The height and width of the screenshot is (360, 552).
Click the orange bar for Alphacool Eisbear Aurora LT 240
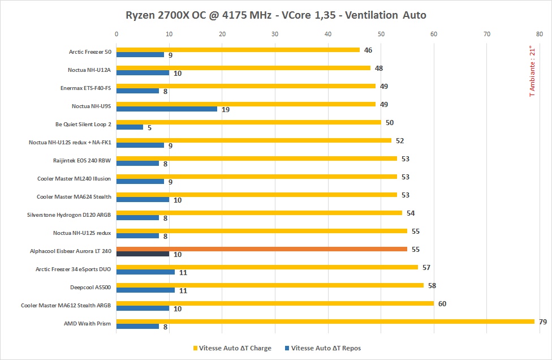tap(261, 249)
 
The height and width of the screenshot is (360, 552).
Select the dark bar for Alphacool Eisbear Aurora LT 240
tap(143, 254)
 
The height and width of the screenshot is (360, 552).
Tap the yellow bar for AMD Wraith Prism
tap(325, 322)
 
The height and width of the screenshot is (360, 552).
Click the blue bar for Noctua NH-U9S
tap(166, 109)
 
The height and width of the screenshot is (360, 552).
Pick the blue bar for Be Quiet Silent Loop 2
tap(130, 127)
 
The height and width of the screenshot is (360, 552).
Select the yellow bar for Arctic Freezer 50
tap(238, 50)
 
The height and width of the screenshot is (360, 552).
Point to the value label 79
tap(542, 322)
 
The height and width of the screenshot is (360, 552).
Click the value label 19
tap(225, 110)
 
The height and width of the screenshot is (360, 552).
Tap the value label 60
tap(442, 304)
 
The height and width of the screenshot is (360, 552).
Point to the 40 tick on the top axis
tap(328, 34)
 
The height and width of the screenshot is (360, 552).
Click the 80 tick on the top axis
tap(540, 34)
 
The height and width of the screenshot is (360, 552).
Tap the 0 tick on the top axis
tap(117, 34)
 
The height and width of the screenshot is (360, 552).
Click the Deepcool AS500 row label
tap(90, 287)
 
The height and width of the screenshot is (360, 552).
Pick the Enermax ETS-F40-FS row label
tap(86, 88)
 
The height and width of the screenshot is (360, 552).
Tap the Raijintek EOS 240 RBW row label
tap(82, 160)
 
